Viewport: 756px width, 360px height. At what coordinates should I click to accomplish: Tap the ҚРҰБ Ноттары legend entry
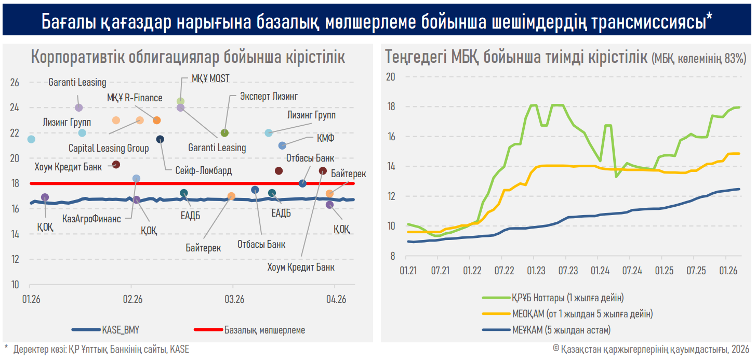pyautogui.click(x=567, y=298)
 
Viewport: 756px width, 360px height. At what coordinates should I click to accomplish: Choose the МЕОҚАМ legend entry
pyautogui.click(x=582, y=314)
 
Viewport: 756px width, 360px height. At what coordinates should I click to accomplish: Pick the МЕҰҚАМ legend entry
pyautogui.click(x=561, y=329)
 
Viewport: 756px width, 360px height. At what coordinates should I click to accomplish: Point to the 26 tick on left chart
pyautogui.click(x=15, y=83)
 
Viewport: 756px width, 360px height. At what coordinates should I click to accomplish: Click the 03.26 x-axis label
pyautogui.click(x=234, y=299)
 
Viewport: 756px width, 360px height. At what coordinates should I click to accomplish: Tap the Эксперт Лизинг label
pyautogui.click(x=269, y=96)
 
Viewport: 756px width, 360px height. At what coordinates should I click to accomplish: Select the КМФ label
pyautogui.click(x=326, y=138)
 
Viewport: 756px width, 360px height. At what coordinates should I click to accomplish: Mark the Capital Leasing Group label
pyautogui.click(x=109, y=149)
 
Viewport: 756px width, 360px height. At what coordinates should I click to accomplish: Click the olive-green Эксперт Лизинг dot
pyautogui.click(x=224, y=133)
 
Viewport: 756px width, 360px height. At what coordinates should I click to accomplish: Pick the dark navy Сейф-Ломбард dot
pyautogui.click(x=160, y=139)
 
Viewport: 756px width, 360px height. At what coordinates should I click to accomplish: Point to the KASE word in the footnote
pyautogui.click(x=179, y=350)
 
